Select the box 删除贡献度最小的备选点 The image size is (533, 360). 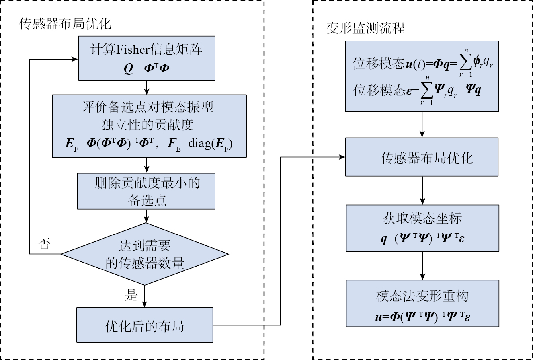click(x=146, y=191)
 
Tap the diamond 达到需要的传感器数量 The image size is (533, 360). click(x=145, y=254)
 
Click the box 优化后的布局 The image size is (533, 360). click(x=145, y=325)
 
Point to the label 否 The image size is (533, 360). click(x=44, y=243)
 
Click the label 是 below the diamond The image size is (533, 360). click(x=131, y=295)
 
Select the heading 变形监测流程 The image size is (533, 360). click(x=365, y=29)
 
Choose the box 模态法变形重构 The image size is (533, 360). click(x=422, y=303)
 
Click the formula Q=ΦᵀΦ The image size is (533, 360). click(x=146, y=68)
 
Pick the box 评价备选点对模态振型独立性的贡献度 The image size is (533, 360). click(x=149, y=126)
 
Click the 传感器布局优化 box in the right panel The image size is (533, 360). click(x=422, y=157)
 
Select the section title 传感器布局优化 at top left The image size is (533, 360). click(x=65, y=24)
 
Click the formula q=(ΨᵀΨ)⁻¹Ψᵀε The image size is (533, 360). click(x=422, y=238)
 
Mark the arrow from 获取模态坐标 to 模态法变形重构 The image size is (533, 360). click(x=422, y=266)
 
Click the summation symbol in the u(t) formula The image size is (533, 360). click(x=466, y=63)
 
